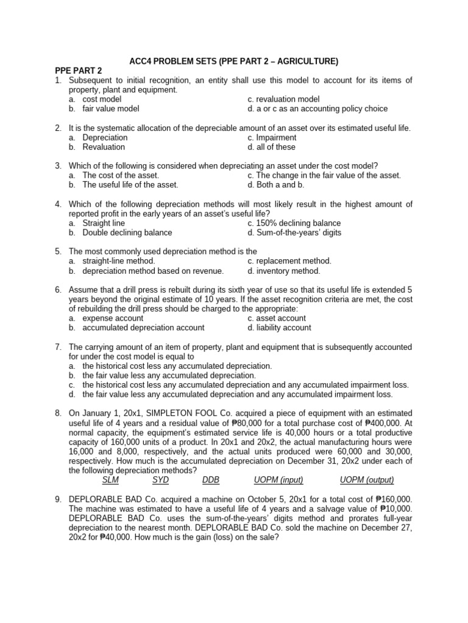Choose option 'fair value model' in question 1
pos(111,109)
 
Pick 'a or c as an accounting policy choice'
pos(317,109)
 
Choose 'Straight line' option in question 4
pos(104,223)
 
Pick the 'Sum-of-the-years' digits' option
pos(294,232)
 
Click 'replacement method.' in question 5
pos(289,261)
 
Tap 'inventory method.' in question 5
pos(283,271)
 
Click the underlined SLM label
pos(110,480)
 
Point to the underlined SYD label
pos(160,480)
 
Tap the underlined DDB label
pos(210,480)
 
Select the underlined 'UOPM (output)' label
pos(367,480)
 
